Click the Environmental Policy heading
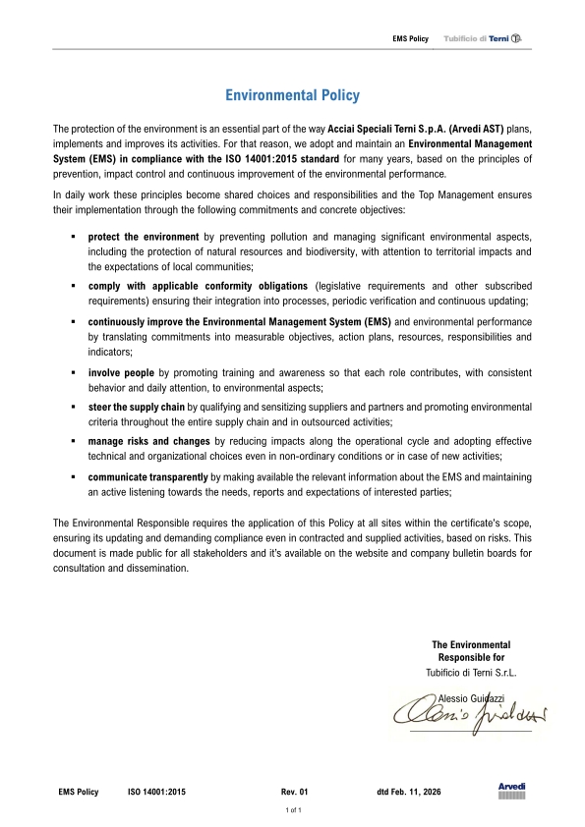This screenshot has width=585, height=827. (x=292, y=95)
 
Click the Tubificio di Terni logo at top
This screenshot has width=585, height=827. (x=488, y=38)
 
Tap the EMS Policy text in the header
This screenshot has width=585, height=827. (x=410, y=38)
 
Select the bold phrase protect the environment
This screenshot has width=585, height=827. (x=144, y=238)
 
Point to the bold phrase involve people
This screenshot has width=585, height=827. (x=121, y=373)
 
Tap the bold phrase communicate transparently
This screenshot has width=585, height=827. (x=147, y=475)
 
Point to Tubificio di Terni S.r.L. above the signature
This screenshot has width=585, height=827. (x=471, y=673)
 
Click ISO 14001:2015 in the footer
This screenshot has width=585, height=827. (x=156, y=791)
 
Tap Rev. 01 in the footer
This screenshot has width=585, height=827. (x=295, y=791)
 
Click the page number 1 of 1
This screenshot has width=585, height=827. (x=292, y=811)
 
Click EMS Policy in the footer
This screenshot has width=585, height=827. (x=79, y=791)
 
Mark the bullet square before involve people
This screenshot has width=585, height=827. (x=74, y=373)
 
